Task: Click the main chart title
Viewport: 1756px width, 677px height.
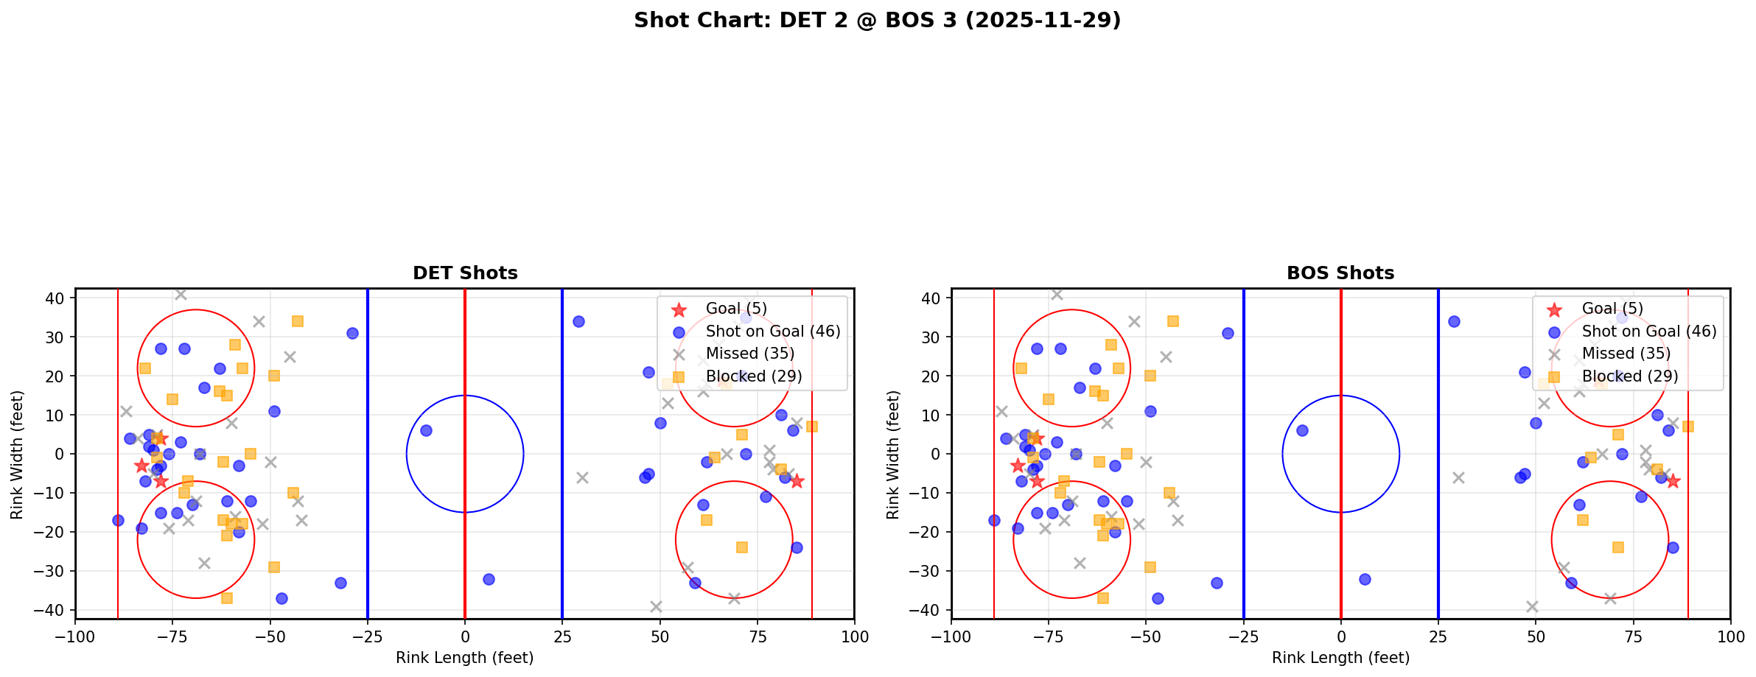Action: point(877,20)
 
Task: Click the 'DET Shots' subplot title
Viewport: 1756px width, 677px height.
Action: point(465,273)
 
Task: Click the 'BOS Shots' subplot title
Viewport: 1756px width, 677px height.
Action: point(1340,273)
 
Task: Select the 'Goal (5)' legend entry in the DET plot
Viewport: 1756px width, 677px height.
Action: point(735,309)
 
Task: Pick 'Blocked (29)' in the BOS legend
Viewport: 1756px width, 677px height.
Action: point(1629,376)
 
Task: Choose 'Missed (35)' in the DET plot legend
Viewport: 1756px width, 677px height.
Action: point(749,354)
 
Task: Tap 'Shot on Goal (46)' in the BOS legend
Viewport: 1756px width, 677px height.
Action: point(1648,332)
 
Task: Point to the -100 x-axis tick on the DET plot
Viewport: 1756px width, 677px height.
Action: point(75,636)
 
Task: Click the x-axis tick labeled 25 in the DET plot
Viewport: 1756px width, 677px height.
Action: point(562,636)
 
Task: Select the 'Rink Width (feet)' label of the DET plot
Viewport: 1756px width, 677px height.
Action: point(17,455)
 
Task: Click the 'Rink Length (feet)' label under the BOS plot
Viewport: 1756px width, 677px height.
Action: point(1340,658)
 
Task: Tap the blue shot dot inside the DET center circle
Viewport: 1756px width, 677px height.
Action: point(426,430)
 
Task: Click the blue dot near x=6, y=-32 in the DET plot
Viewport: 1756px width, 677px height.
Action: point(489,579)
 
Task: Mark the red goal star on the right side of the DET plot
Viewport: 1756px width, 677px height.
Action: point(797,481)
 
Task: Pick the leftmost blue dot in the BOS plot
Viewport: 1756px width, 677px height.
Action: point(994,520)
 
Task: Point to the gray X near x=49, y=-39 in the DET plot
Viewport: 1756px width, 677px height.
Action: point(656,606)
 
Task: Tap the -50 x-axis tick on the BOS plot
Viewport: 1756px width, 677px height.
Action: point(1146,636)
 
